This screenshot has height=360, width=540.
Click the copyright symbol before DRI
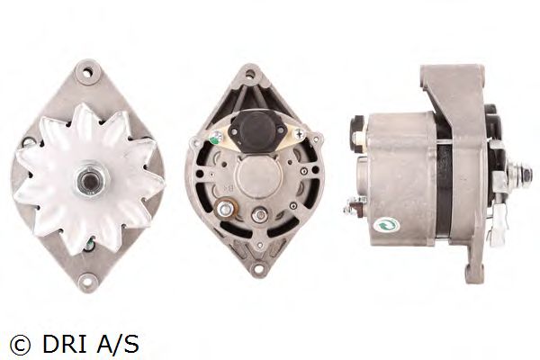(x=21, y=344)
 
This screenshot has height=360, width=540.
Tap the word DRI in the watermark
(x=65, y=344)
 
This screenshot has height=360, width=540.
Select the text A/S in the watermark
(x=115, y=344)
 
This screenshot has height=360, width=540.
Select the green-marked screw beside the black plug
(x=215, y=137)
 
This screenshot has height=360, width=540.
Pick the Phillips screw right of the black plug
(x=298, y=134)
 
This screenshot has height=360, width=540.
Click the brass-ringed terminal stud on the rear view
(x=225, y=208)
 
